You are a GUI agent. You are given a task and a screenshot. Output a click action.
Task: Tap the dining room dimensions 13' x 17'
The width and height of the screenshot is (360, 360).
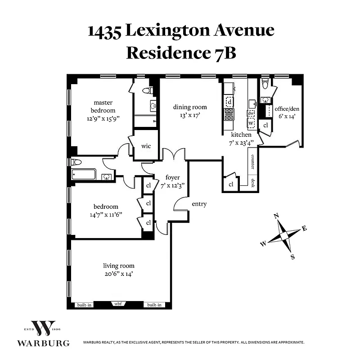[190, 115]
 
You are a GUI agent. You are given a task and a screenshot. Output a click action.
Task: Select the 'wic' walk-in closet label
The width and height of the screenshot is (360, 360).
[145, 146]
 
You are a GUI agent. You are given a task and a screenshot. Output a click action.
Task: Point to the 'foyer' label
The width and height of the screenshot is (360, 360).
[173, 177]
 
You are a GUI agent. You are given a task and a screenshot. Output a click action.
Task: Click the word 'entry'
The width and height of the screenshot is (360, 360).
[199, 204]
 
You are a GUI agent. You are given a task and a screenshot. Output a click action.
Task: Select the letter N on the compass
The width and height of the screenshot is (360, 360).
[276, 216]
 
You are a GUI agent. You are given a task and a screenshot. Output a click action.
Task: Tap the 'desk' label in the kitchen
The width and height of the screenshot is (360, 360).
[253, 183]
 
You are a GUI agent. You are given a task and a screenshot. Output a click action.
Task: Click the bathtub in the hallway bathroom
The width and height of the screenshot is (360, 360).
[84, 174]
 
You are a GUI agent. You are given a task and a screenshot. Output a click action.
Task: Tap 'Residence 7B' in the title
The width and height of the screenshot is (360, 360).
[181, 52]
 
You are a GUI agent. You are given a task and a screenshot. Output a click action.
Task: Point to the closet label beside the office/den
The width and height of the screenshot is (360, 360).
[265, 126]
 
